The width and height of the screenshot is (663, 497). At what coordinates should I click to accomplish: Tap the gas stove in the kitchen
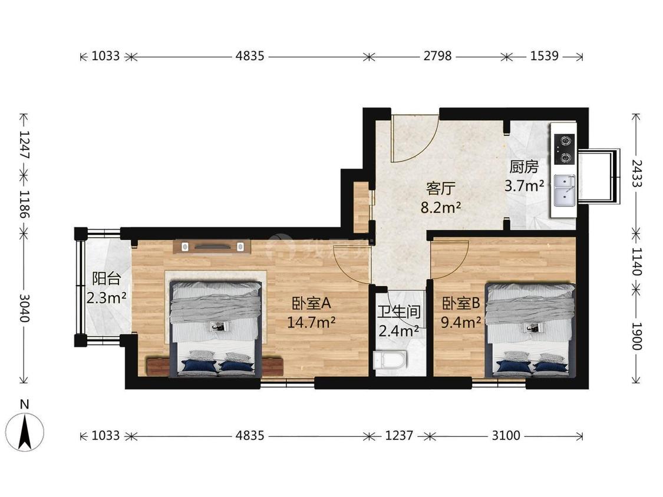coord(563,150)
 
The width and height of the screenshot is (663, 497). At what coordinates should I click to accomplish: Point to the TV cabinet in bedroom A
coord(212,246)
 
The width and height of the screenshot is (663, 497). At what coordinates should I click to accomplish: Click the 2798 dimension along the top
coord(437,56)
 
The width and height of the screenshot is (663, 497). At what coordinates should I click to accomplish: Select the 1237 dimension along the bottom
coord(399,435)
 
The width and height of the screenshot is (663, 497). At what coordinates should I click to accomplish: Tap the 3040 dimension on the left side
coord(25,308)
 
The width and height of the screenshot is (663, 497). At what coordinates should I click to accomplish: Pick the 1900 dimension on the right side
coord(637,336)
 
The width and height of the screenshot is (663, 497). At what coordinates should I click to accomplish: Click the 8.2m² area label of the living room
coord(440,207)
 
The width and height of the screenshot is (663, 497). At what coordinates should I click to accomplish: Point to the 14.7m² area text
coord(311,323)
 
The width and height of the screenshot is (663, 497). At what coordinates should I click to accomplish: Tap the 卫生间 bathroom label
coord(399,312)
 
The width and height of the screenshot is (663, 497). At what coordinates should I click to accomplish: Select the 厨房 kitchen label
coord(523,167)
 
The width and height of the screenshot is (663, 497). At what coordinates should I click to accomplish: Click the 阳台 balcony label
coord(106,279)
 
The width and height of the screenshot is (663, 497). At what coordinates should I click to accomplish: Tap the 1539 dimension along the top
coord(544,56)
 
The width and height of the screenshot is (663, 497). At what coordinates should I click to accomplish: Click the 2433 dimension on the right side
coord(637,173)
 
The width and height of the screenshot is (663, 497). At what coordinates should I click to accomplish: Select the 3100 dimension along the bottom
coord(506,435)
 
